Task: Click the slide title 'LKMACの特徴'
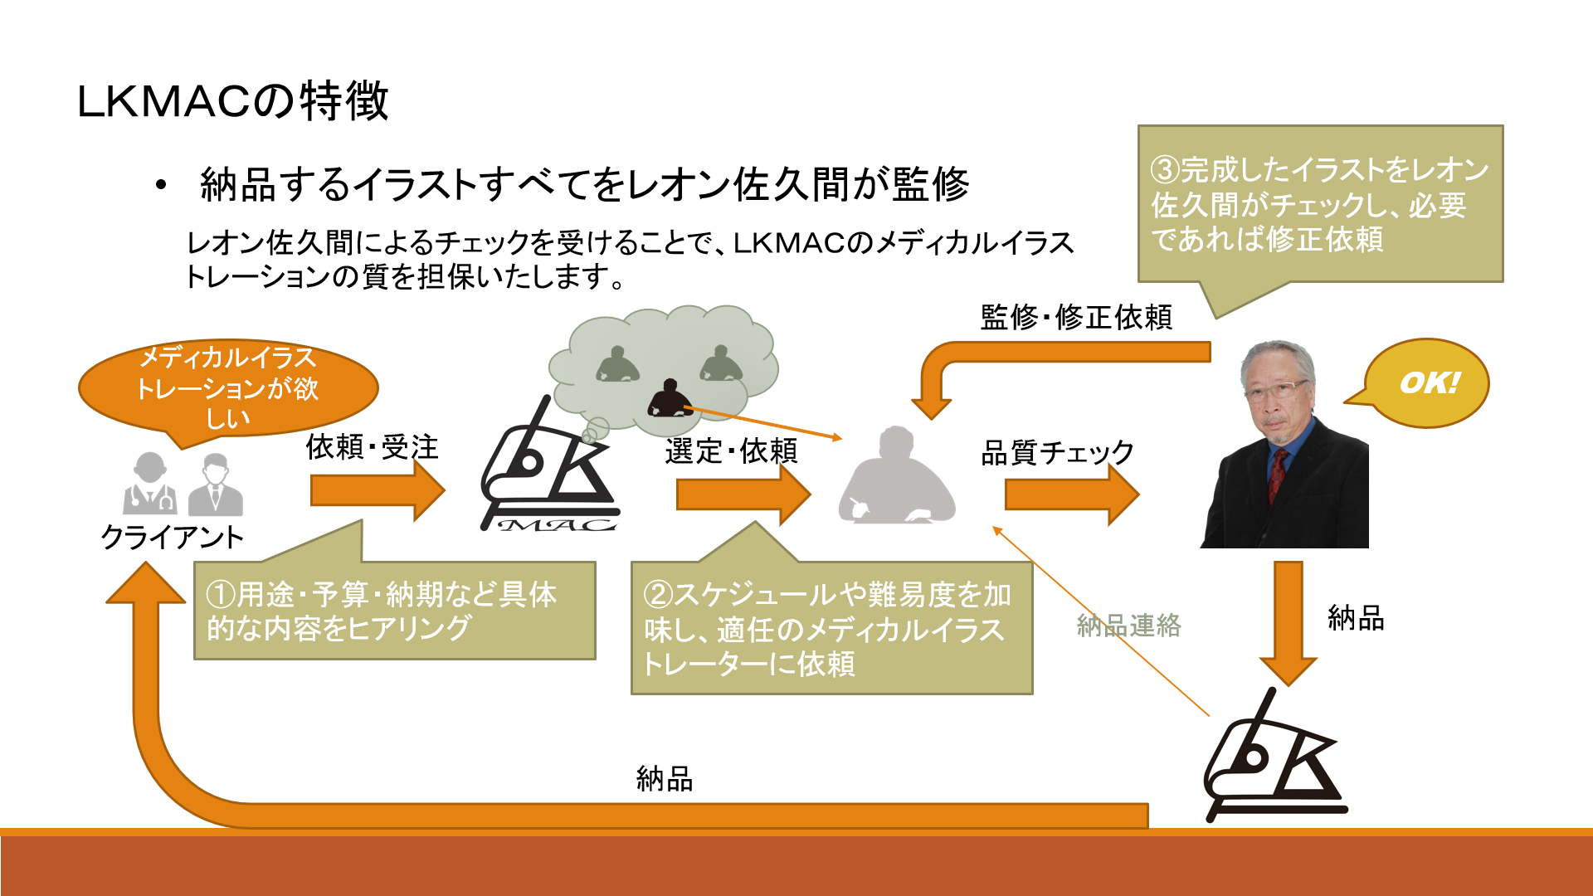tap(232, 101)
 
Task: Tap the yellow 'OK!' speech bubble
tap(1429, 383)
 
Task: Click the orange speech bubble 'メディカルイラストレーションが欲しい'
tap(228, 387)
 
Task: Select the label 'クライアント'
tap(172, 538)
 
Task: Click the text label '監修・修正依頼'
tap(1076, 317)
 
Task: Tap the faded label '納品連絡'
tap(1128, 626)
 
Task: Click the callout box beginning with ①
tap(394, 611)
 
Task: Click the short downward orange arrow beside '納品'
tap(1289, 622)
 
